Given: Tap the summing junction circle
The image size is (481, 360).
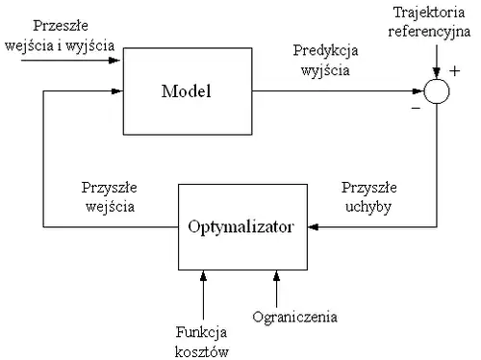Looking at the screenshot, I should [x=437, y=91].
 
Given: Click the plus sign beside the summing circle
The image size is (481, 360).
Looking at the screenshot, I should [x=454, y=70].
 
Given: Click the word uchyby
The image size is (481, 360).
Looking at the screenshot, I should [x=366, y=205].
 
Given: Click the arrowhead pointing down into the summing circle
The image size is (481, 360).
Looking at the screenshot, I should [x=437, y=73].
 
